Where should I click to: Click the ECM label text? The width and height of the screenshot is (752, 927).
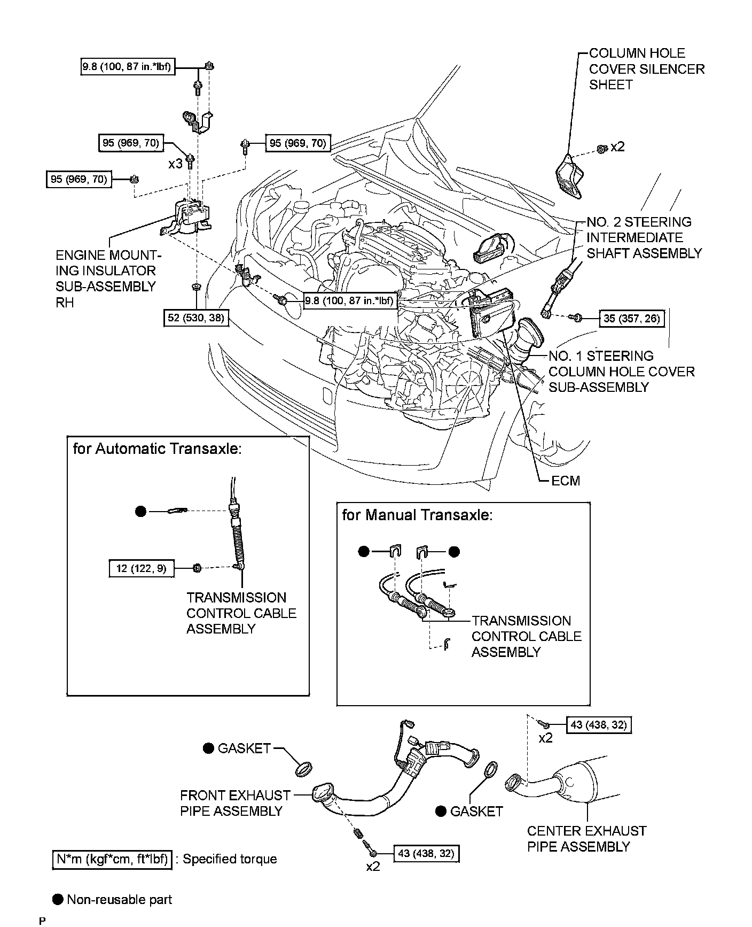point(565,481)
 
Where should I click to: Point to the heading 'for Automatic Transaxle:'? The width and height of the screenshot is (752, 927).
point(157,448)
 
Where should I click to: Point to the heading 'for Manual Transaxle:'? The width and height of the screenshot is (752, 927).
point(417,515)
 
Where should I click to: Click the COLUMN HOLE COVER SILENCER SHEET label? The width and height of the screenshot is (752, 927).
point(646,69)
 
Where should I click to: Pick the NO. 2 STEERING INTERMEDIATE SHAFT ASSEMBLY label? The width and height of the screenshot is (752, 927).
point(644,237)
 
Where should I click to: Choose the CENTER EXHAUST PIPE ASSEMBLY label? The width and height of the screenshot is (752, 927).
point(586,839)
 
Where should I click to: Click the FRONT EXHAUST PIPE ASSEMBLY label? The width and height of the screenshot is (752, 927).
point(235,803)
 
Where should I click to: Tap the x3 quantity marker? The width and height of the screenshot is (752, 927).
point(175,164)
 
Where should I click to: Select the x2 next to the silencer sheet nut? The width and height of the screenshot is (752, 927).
point(617,147)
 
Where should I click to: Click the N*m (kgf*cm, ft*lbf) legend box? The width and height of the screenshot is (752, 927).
point(112,859)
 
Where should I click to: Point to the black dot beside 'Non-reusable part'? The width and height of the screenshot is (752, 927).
point(58,899)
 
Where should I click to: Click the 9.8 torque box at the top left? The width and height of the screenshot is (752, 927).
point(127,67)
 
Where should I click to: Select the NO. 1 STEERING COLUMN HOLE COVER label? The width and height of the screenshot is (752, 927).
point(621,372)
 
